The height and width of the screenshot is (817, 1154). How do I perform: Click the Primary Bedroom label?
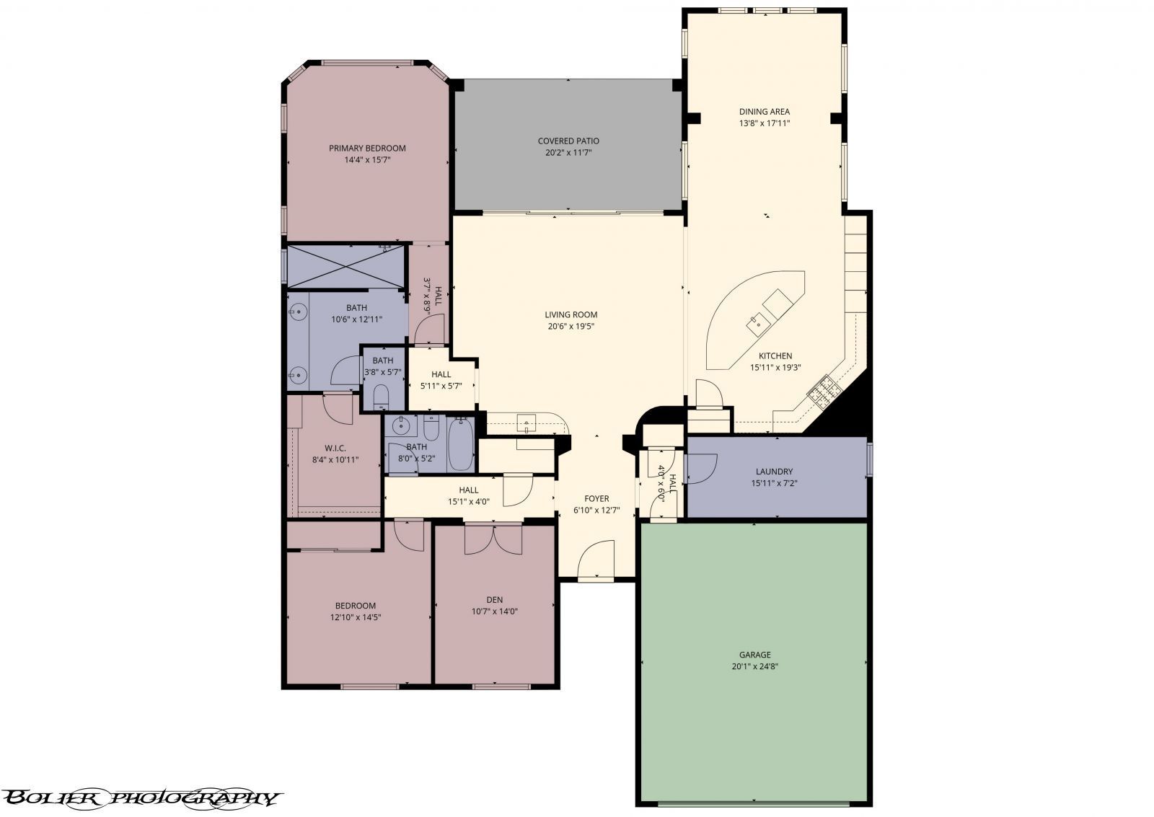(367, 149)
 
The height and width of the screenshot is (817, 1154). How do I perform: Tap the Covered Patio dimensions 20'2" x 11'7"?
(568, 153)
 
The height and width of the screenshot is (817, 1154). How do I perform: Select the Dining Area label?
(764, 112)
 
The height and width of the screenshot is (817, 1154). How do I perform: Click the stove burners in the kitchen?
(823, 392)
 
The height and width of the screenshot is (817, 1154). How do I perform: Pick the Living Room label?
(571, 314)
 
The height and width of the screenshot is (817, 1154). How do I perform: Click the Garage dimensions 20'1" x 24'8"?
(754, 667)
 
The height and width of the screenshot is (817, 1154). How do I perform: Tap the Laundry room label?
(774, 472)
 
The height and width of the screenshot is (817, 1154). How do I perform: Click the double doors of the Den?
(493, 539)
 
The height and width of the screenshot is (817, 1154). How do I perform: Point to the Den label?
(494, 600)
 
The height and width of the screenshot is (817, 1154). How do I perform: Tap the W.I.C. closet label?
(335, 448)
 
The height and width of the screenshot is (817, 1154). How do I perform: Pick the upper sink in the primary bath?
(297, 312)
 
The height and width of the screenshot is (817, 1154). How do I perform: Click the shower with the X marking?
(347, 265)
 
